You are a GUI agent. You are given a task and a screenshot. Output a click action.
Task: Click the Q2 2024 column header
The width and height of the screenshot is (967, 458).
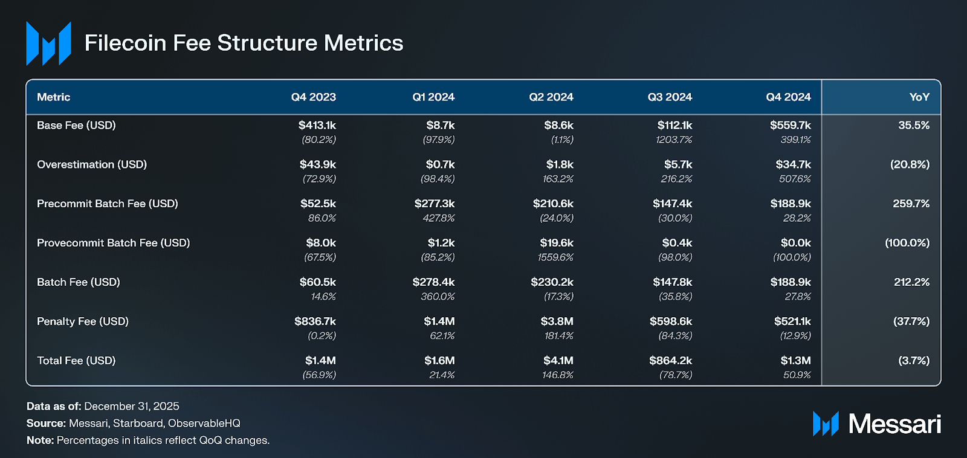pos(551,97)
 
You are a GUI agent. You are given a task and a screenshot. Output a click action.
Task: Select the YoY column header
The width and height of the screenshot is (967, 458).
pos(919,97)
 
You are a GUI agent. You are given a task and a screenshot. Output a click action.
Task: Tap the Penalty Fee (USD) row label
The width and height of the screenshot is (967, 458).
pos(83,321)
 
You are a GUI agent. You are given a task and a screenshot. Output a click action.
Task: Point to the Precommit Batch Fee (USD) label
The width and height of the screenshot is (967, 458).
pos(108,204)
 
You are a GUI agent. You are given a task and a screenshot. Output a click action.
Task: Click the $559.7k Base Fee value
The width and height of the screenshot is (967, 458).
pos(790,125)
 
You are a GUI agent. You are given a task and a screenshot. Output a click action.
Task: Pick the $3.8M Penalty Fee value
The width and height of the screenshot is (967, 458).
pos(557,321)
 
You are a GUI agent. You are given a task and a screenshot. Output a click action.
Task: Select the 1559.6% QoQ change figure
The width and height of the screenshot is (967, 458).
pos(555,257)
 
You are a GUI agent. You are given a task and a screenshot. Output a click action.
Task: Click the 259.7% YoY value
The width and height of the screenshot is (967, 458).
pos(911,203)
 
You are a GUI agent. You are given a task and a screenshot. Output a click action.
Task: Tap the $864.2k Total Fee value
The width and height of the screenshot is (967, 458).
pos(670,361)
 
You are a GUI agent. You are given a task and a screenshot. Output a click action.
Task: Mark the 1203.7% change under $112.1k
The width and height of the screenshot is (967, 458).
pos(673,140)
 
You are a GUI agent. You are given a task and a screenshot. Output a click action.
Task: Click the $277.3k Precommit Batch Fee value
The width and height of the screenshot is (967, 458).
pos(435,203)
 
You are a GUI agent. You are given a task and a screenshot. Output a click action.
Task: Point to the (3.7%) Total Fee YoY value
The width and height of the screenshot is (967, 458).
pos(914,361)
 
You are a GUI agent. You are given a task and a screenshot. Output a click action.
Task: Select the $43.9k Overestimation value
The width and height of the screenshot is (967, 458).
pos(318,164)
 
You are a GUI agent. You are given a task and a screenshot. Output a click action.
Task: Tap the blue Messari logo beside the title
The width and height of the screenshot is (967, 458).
pos(49,43)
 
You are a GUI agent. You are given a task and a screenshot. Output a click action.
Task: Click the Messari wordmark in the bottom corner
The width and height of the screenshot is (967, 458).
pos(894,424)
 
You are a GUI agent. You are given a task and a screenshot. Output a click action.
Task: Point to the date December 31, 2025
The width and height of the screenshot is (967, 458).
pos(132,407)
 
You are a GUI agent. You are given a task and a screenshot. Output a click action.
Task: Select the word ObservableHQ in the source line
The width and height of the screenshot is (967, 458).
pos(204,424)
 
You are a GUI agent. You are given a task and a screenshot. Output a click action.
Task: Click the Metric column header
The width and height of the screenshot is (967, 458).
pos(54,97)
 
